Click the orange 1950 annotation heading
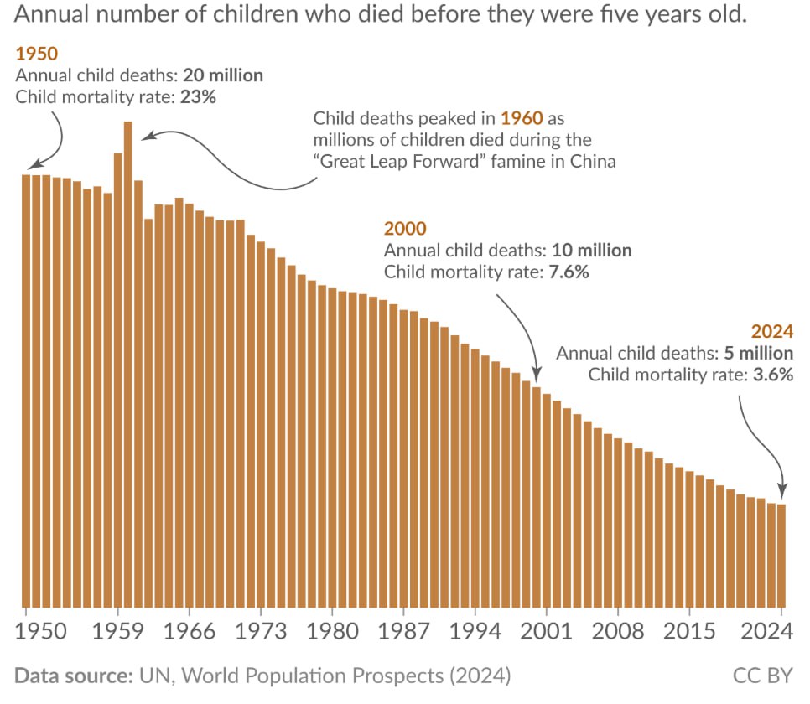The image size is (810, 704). (37, 54)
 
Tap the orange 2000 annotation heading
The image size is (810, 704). (405, 229)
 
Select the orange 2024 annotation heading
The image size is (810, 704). (772, 331)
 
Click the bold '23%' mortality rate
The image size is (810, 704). (198, 96)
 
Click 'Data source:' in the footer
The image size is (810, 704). (70, 675)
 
